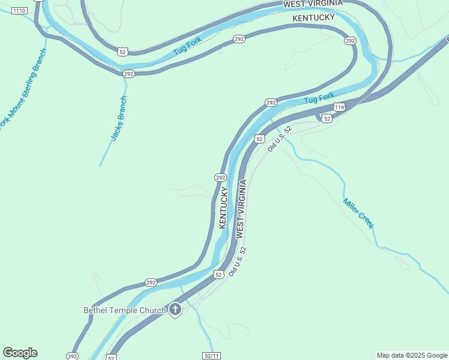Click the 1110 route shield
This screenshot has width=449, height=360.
click(x=19, y=11)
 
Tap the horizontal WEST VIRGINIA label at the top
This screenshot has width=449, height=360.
click(x=313, y=4)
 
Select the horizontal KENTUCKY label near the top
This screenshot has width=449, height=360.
click(x=313, y=19)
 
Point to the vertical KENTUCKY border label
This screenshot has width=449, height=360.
click(x=223, y=208)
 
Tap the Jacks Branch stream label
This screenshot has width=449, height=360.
click(x=119, y=118)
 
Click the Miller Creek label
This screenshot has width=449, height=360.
click(x=358, y=213)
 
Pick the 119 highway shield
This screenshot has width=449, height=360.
click(x=339, y=107)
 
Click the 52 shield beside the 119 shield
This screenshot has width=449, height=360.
click(x=326, y=118)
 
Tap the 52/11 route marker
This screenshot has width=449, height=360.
click(x=212, y=356)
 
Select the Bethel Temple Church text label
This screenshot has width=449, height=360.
click(x=124, y=310)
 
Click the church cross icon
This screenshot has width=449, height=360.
click(x=175, y=310)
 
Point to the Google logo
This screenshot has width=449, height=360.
click(x=20, y=353)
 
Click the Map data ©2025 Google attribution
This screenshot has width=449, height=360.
click(x=412, y=355)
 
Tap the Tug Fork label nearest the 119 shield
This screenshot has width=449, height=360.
click(x=319, y=98)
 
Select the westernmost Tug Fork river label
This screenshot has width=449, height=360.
click(x=187, y=47)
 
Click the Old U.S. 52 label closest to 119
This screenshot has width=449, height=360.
click(x=279, y=138)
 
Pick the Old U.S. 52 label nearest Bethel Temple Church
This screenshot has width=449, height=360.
click(x=238, y=262)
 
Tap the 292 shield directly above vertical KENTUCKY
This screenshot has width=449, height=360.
click(x=220, y=178)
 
